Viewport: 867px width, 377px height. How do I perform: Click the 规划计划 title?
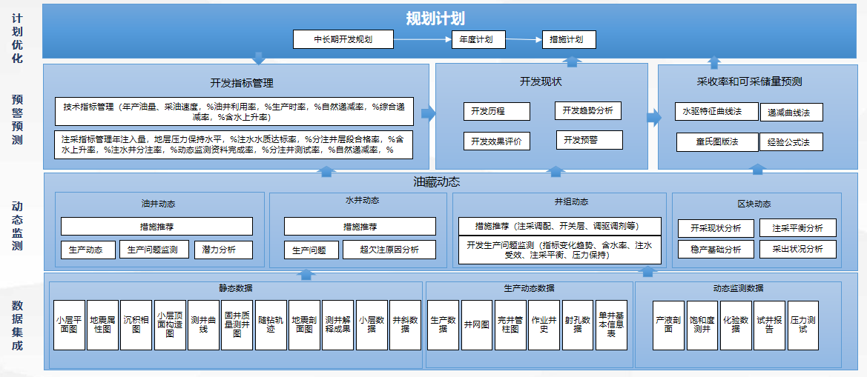click(435, 19)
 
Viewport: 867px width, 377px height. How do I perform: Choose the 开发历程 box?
click(496, 111)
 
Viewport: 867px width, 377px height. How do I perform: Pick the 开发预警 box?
click(589, 139)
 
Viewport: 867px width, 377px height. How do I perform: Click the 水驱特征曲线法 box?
click(717, 112)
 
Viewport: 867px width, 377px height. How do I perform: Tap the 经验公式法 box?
click(791, 142)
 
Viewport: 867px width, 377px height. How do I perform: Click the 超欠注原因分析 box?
click(389, 250)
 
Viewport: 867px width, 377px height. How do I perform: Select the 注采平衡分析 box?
click(797, 228)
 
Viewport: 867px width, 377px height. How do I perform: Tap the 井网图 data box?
click(476, 325)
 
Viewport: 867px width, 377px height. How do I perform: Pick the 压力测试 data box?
click(802, 325)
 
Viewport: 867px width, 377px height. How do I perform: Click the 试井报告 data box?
click(770, 325)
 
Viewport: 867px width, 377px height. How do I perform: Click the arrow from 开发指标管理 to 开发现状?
click(428, 113)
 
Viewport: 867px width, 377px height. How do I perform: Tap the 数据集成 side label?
click(17, 325)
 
